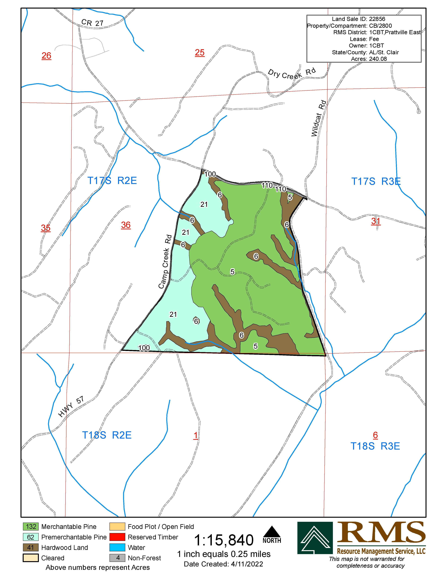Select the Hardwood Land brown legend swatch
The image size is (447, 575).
click(x=31, y=548)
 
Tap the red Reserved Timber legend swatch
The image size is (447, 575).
click(x=117, y=537)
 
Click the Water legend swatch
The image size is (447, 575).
click(x=117, y=548)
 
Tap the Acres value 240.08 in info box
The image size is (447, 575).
click(x=378, y=59)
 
